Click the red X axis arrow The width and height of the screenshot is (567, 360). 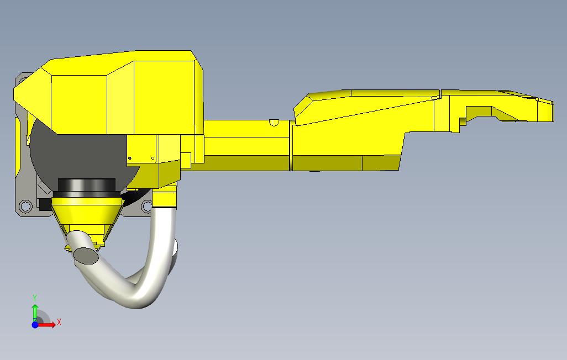point(47,325)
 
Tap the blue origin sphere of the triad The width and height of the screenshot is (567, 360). point(35,325)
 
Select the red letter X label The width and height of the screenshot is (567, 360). point(59,322)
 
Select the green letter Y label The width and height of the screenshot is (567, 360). point(35,298)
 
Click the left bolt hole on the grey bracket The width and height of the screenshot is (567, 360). point(25,207)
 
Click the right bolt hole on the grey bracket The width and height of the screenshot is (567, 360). point(147,207)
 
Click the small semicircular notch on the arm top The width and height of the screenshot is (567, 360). point(273,123)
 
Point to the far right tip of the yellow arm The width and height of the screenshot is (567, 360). point(551,111)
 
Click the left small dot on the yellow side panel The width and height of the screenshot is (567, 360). point(130,158)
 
